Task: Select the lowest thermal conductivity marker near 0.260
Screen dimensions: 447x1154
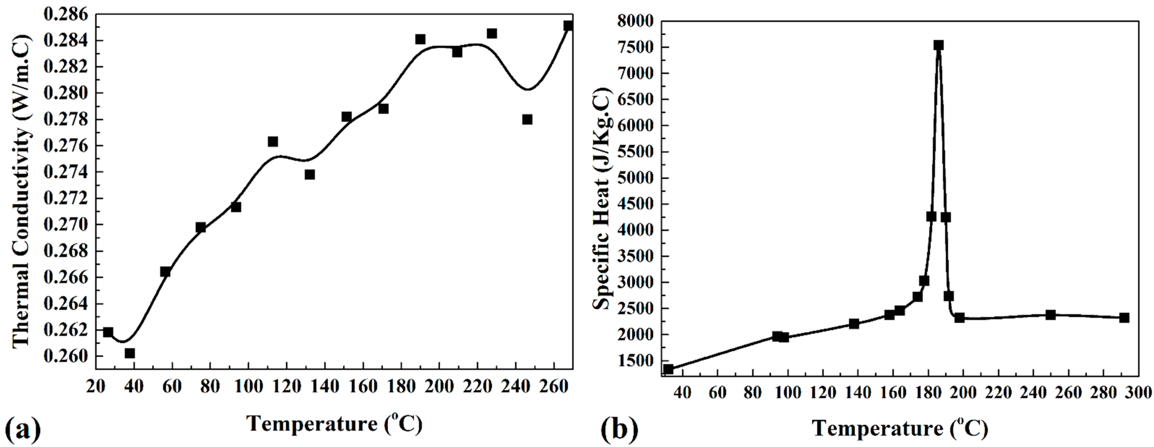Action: (130, 353)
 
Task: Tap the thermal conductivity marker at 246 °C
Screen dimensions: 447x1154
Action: (527, 120)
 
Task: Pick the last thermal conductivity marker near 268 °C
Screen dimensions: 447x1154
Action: (568, 25)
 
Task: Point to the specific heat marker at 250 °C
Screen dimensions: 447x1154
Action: (1051, 315)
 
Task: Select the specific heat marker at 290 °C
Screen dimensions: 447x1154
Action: (1124, 318)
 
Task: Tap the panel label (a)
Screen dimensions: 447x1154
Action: (23, 429)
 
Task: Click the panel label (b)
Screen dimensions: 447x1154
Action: (620, 429)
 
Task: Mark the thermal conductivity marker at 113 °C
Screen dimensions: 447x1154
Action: (273, 142)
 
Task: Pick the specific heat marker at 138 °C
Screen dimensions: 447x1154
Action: (854, 324)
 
